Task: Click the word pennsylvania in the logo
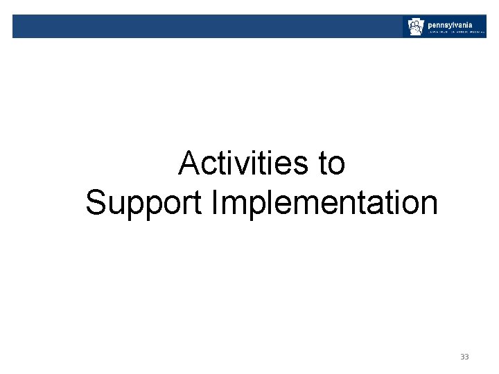pos(450,24)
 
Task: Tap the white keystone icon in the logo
pos(415,27)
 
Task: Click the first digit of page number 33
pos(462,357)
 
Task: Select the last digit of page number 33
pos(466,357)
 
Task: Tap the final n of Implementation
pos(428,206)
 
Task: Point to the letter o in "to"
pos(336,166)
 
